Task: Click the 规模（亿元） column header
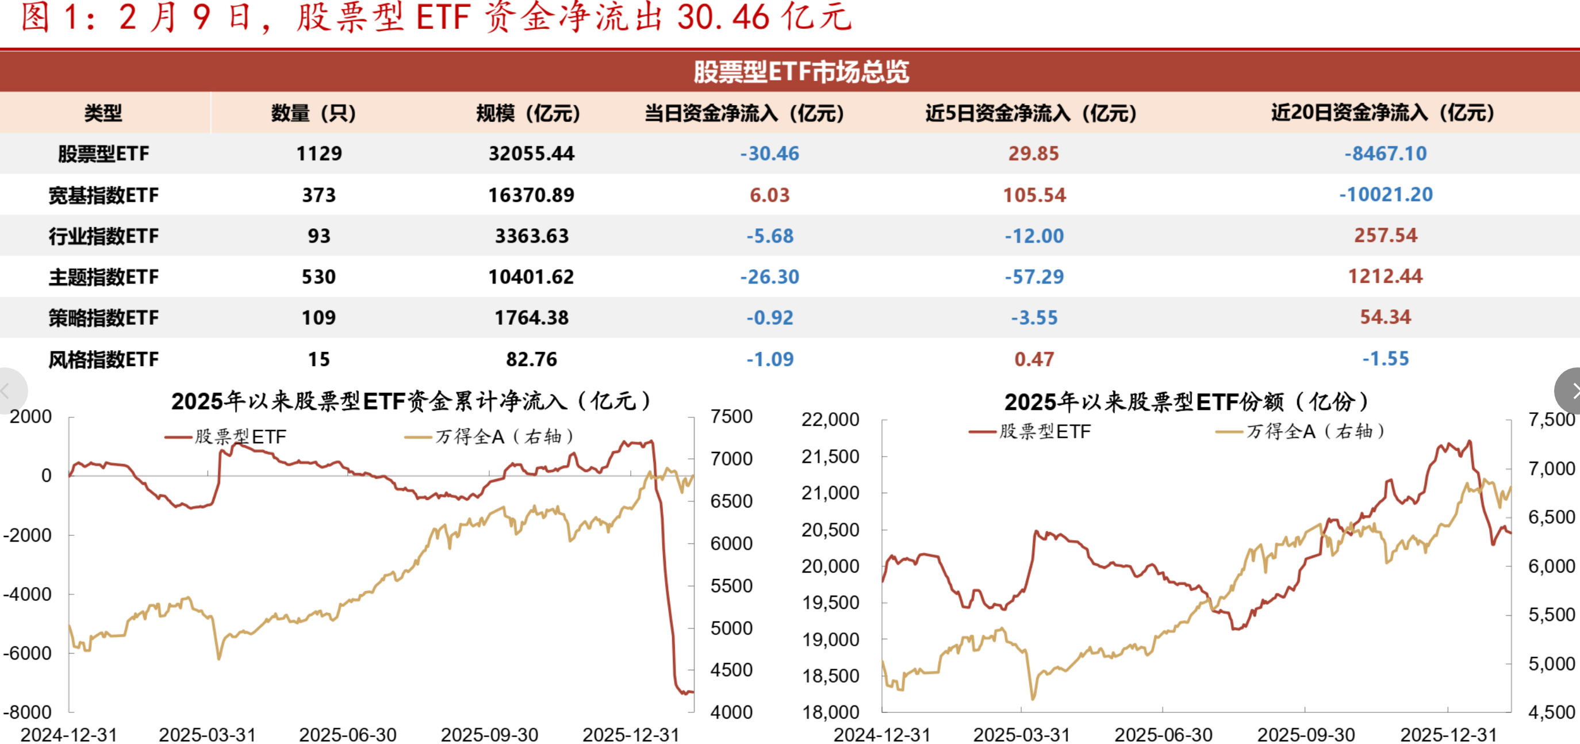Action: [x=527, y=113]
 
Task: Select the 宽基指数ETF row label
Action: [x=103, y=195]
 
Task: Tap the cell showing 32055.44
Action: [x=531, y=154]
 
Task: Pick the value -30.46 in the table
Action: [x=769, y=154]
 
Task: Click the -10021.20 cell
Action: [x=1385, y=194]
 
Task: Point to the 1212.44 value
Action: [x=1385, y=276]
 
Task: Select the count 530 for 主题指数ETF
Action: [x=319, y=277]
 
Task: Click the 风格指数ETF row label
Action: [x=103, y=359]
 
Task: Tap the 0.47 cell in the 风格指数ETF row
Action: [x=1034, y=359]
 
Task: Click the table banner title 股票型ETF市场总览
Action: [x=801, y=72]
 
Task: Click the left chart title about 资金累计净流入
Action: [x=411, y=401]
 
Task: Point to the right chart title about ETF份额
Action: [x=1186, y=402]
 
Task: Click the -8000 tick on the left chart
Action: [x=27, y=712]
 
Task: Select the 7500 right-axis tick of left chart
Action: [x=731, y=416]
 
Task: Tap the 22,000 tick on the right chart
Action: [x=830, y=420]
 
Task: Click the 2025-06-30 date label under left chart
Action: [x=348, y=734]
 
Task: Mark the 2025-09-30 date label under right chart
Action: [x=1306, y=734]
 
